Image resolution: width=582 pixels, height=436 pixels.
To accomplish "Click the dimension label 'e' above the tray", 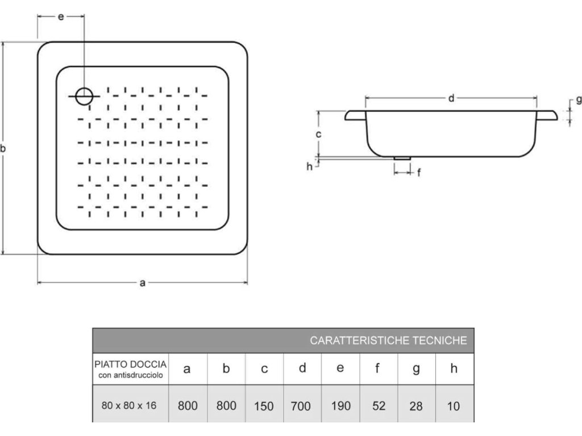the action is pos(61,16).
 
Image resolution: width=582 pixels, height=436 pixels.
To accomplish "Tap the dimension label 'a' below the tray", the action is pos(143,283).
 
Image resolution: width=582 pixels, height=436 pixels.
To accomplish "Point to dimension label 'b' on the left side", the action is pos(3,148).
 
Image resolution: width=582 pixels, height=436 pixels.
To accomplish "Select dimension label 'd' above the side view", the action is pos(451,98).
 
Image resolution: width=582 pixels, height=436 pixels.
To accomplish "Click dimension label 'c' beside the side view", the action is pos(318,134).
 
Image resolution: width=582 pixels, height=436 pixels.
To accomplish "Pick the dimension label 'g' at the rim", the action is pos(578,99).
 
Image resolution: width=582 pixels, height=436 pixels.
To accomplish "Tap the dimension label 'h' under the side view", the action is pos(310,166).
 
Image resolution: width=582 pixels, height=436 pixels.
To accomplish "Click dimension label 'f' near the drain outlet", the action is pos(419,173).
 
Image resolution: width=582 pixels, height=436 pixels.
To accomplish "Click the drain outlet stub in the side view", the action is pos(402,158).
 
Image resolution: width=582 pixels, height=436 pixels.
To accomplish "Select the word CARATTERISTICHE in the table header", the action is pos(359,341).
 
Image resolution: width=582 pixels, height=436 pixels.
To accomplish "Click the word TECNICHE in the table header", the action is pos(440,341).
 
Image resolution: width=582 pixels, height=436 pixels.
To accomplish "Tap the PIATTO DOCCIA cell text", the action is pos(130,364).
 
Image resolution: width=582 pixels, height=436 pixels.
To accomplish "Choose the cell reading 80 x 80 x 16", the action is pos(129,405).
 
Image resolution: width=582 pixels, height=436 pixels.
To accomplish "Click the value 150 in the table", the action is pos(264,406).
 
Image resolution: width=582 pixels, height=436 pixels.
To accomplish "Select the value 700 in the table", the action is pos(301,406).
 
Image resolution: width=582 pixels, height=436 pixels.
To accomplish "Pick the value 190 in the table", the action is pos(341,406).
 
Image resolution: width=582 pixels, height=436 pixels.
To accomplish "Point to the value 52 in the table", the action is pos(379,406).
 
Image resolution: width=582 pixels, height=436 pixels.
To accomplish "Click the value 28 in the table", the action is pos(416,406).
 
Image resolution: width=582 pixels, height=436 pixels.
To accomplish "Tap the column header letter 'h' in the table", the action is pos(454,368).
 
